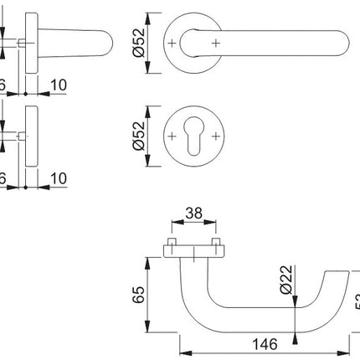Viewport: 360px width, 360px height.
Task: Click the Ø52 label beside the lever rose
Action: point(140,42)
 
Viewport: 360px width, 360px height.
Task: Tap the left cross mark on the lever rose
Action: point(172,41)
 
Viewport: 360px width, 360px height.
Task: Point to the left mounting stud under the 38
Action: point(172,244)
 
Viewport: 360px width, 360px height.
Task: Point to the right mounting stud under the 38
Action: point(217,244)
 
